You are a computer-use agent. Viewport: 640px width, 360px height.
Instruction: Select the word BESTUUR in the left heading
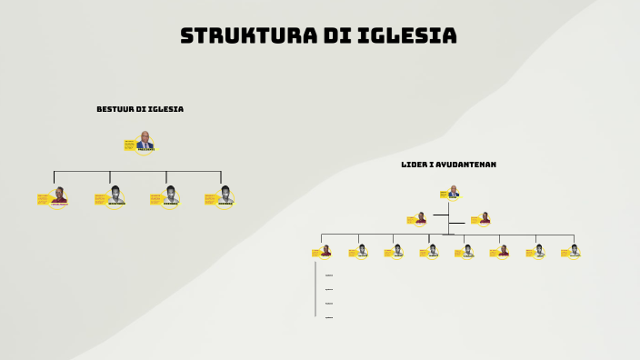click(x=115, y=109)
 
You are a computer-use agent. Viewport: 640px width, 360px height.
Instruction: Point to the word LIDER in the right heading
click(x=413, y=165)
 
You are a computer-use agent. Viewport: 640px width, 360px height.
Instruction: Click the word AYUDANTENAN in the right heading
click(x=465, y=165)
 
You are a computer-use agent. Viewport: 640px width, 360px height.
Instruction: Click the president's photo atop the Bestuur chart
click(x=145, y=141)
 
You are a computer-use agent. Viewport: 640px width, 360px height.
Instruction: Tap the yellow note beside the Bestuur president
click(x=130, y=144)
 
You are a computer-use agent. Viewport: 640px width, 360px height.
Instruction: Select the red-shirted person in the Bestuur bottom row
click(x=59, y=195)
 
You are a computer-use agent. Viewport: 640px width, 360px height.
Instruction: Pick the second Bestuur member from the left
click(x=115, y=195)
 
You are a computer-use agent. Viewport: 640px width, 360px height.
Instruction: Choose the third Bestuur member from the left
click(x=171, y=195)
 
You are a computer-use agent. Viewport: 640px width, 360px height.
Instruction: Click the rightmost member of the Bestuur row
click(x=225, y=195)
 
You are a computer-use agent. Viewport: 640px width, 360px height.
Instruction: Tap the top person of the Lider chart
click(x=453, y=192)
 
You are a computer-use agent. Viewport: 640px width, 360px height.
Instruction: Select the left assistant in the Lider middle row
click(x=420, y=218)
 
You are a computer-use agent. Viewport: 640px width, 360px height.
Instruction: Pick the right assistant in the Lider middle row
click(x=485, y=218)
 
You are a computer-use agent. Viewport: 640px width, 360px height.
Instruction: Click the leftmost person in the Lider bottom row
click(x=325, y=250)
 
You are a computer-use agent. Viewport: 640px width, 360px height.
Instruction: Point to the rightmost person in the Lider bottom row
click(x=575, y=250)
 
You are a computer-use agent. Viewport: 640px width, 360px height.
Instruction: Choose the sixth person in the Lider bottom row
click(x=504, y=250)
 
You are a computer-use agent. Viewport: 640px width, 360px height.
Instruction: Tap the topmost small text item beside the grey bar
click(x=329, y=275)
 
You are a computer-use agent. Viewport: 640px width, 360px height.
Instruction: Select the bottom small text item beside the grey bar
click(x=329, y=317)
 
